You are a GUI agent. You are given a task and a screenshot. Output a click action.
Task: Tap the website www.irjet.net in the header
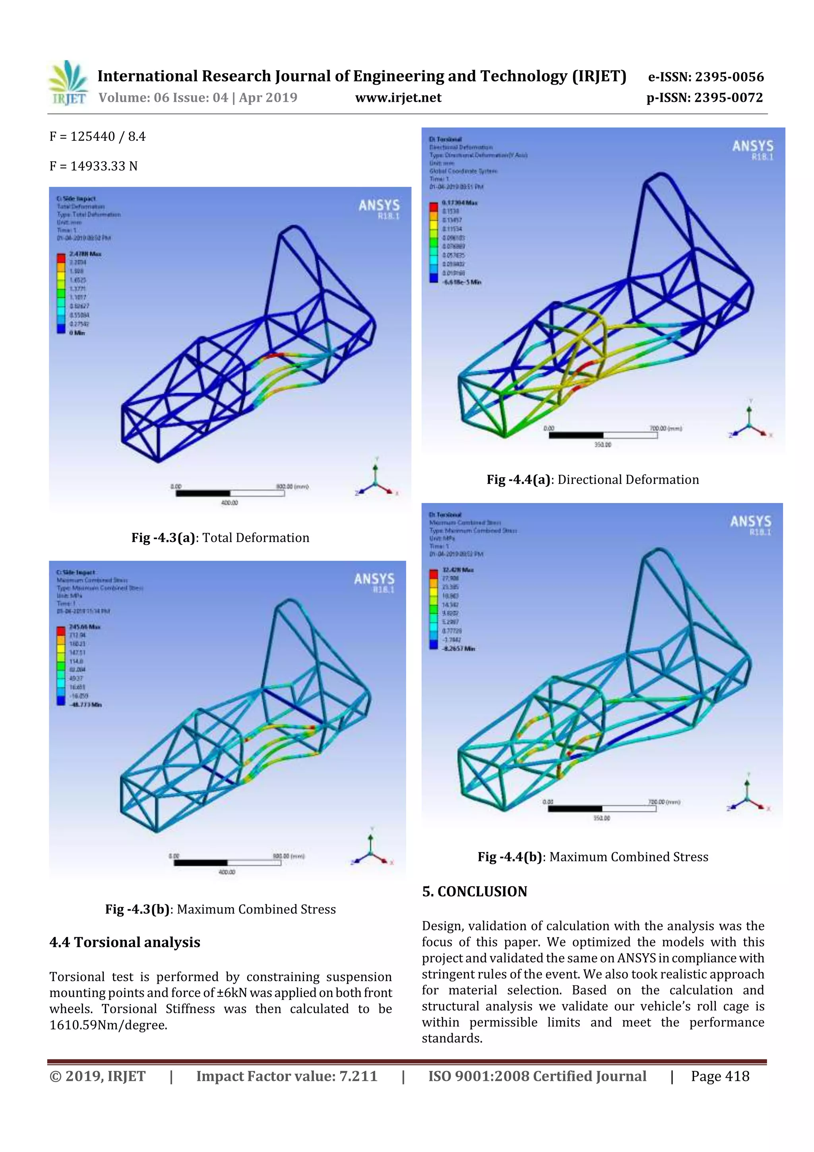[398, 98]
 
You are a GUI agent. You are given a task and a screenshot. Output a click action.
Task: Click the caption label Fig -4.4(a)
[519, 480]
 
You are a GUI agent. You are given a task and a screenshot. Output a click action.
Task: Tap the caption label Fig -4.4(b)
[510, 857]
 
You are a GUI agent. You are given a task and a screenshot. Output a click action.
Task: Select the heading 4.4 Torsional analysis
[124, 942]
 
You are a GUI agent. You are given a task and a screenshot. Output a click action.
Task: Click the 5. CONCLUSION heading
[475, 892]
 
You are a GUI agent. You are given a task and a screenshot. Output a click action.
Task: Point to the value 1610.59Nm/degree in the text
[108, 1025]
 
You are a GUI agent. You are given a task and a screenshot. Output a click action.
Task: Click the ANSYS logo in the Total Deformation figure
[379, 209]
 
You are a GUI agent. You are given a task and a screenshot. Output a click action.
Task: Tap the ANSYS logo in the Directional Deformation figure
[752, 150]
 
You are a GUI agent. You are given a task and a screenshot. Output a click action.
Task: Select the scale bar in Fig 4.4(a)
[603, 435]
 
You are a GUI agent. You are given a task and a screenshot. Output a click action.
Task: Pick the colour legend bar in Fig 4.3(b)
[61, 665]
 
